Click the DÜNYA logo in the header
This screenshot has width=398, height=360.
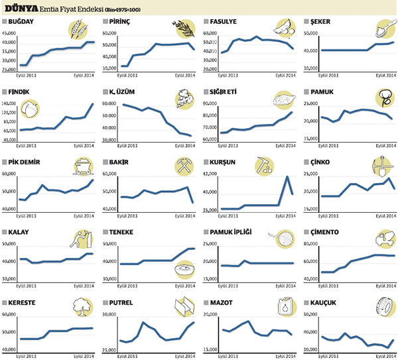22,9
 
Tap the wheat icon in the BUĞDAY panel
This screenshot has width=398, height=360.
78,30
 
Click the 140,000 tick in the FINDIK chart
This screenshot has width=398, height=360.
9,103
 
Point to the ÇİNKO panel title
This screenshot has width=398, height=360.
320,161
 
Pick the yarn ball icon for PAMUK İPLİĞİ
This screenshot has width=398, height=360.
283,240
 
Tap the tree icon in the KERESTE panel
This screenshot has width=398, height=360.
79,306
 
